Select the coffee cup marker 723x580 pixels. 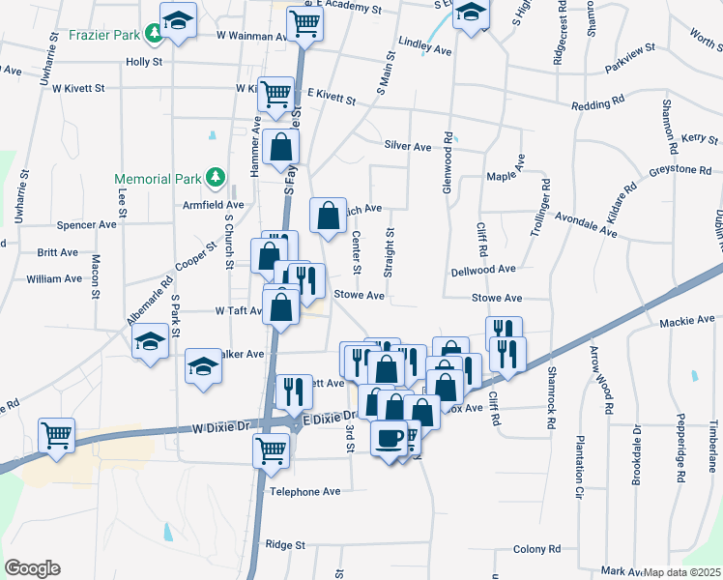click(390, 439)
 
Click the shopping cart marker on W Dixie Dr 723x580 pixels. click(57, 435)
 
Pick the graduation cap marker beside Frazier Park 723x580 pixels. click(178, 20)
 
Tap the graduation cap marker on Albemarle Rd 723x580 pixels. click(150, 341)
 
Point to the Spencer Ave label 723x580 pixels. click(87, 224)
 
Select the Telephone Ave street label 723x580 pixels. click(305, 491)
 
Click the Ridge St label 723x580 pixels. click(285, 545)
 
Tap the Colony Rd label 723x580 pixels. click(537, 549)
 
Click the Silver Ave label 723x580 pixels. click(407, 146)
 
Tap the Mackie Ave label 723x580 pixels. click(686, 319)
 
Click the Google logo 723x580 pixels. click(32, 568)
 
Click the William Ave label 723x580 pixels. click(54, 278)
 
